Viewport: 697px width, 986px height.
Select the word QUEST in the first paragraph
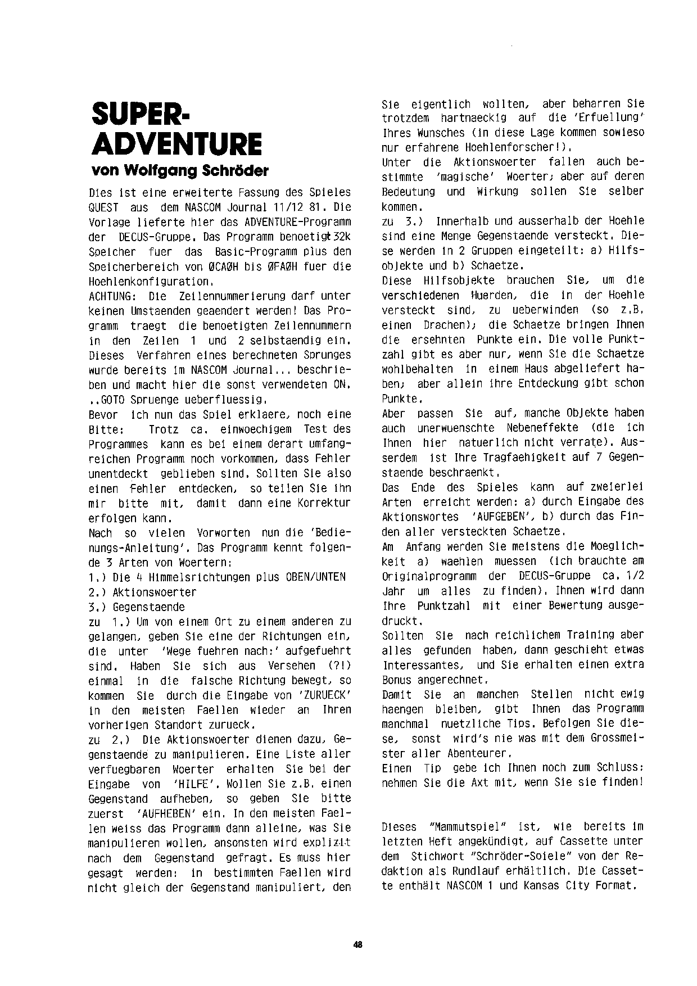[x=103, y=207]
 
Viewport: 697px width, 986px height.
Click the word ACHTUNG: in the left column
[x=110, y=296]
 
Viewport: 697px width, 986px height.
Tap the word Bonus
[x=397, y=679]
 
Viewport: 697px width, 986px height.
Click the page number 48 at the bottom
[x=358, y=945]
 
